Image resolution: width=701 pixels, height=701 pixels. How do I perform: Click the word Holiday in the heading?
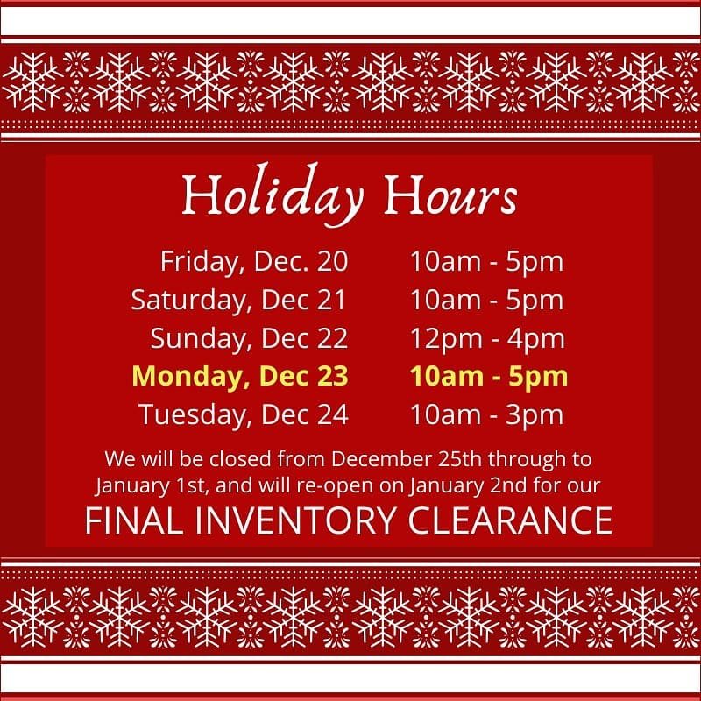pos(273,195)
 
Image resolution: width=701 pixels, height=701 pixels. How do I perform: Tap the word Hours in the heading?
pos(450,195)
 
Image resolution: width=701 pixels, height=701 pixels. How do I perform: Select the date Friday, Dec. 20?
pos(254,261)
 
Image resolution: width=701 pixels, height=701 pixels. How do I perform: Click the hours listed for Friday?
pos(487,262)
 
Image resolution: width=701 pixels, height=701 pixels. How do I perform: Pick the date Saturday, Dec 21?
pos(238,301)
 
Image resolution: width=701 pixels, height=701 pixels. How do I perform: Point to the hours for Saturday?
pos(487,301)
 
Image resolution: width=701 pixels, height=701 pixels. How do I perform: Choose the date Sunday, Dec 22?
pos(249,339)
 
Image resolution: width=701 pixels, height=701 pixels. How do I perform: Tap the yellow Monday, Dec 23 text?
pos(240,377)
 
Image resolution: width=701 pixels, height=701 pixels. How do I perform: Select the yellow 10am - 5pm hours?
pos(489,378)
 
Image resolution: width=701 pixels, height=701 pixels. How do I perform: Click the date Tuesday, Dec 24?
pos(244,415)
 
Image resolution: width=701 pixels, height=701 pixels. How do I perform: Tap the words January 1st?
pos(151,486)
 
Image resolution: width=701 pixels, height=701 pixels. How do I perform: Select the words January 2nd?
pos(468,486)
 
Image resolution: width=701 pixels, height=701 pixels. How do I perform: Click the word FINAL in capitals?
pos(134,520)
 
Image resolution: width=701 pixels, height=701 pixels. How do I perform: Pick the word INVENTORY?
pos(295,520)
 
